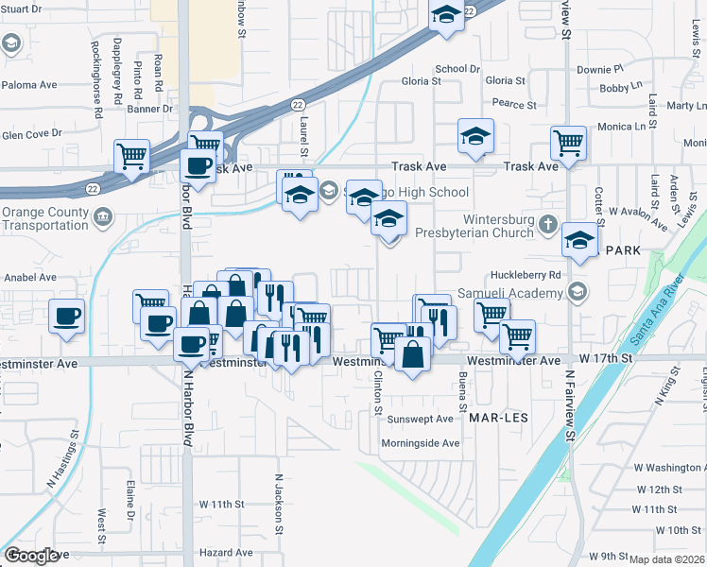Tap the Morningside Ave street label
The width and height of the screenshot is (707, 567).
click(x=420, y=443)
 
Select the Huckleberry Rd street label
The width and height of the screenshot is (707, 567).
click(x=526, y=275)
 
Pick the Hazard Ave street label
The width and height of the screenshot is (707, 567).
click(x=225, y=552)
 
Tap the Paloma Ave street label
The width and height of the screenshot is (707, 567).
click(x=29, y=85)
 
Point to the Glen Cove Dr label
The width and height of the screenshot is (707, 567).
click(x=31, y=134)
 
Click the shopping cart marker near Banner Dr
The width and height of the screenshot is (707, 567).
click(x=131, y=155)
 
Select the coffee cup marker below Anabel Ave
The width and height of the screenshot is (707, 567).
click(x=66, y=316)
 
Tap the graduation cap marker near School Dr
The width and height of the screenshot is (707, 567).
click(x=446, y=17)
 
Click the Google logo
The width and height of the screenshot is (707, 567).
click(x=31, y=556)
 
